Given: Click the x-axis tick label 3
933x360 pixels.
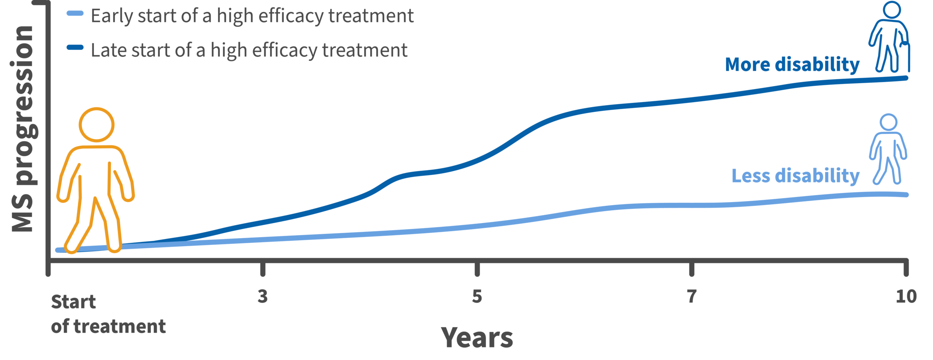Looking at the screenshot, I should (x=263, y=296).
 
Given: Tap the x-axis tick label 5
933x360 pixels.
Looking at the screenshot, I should (x=477, y=296).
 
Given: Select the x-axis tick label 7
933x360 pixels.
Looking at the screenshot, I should (x=692, y=296).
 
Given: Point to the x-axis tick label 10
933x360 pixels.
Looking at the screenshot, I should (x=906, y=296).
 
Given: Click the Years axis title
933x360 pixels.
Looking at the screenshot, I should (x=477, y=337).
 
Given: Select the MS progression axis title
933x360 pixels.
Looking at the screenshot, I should (x=23, y=128).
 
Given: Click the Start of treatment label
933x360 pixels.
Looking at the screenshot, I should (x=108, y=314).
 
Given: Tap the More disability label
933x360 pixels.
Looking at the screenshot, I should (x=792, y=65).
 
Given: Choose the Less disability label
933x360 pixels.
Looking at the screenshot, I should (x=795, y=176).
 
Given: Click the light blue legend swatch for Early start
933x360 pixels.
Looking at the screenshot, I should (x=75, y=14).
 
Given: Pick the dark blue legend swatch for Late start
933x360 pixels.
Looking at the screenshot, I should (x=75, y=47).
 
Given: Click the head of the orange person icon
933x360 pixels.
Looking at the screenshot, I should (x=96, y=125).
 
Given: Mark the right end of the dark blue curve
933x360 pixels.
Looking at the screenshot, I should (x=907, y=78).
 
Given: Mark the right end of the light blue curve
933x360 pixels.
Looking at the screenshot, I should (x=907, y=195).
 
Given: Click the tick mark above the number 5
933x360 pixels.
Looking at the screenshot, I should (x=477, y=269).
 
